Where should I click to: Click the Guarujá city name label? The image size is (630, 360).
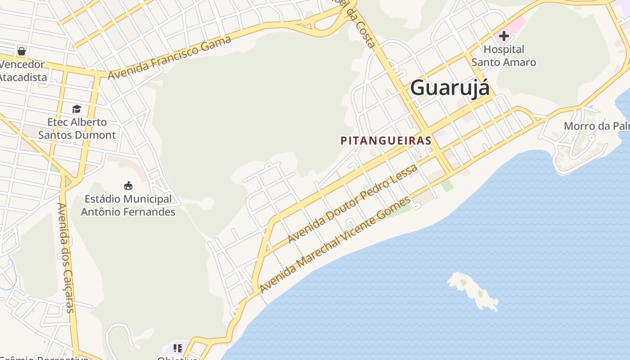click(450, 87)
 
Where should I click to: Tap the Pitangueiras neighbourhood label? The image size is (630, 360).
click(386, 140)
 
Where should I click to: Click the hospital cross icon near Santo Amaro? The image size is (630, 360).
click(504, 36)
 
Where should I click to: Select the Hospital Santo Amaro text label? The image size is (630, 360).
click(504, 56)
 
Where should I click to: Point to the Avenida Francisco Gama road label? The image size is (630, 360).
click(170, 58)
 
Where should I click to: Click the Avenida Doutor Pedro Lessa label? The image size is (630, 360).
click(353, 203)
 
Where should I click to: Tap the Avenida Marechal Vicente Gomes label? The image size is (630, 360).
click(335, 245)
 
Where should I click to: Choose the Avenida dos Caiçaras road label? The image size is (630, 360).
click(66, 257)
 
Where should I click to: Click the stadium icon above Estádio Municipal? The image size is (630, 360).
click(128, 185)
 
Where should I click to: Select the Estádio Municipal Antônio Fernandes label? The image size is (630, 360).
click(128, 205)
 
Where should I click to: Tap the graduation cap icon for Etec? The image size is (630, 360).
click(76, 109)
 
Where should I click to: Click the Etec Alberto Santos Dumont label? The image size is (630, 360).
click(77, 128)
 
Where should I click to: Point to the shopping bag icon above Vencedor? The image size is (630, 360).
click(22, 51)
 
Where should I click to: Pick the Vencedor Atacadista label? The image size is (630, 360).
click(22, 71)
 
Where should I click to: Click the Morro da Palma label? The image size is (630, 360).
click(596, 126)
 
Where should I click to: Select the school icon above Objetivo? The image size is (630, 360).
click(178, 348)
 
